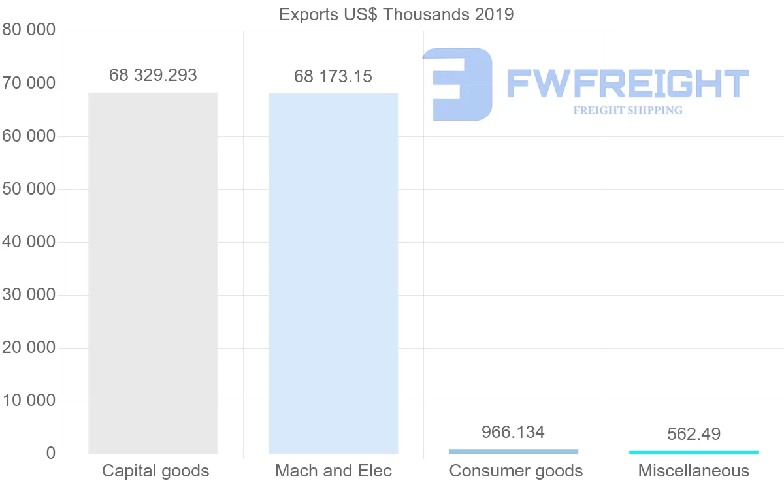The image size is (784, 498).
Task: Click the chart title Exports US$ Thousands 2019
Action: [396, 14]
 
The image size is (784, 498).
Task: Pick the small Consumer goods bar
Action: [514, 451]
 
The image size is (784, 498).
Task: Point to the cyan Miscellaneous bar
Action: [694, 452]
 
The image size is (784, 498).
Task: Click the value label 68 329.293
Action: [153, 75]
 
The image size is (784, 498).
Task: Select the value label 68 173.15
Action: [333, 76]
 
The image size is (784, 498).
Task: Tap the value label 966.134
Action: [513, 432]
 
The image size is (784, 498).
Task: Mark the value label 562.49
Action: [694, 434]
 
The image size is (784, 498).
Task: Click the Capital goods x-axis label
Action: [155, 471]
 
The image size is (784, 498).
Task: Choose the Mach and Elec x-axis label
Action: [333, 471]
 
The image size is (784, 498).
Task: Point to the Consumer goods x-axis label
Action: [515, 471]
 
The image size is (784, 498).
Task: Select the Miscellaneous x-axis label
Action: [694, 471]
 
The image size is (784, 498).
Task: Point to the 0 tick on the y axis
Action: [50, 454]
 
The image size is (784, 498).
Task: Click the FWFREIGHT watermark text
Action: [627, 84]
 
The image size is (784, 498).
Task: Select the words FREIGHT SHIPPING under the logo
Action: [627, 110]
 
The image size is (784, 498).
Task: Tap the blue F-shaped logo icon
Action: [457, 84]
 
